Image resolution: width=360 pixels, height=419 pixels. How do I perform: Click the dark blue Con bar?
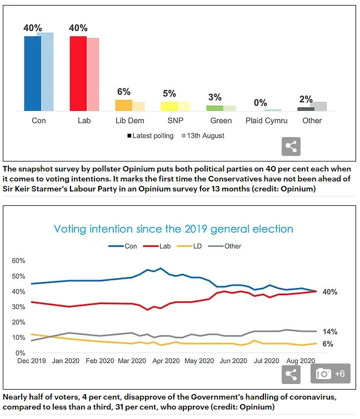[x=33, y=73]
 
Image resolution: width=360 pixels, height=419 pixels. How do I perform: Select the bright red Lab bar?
[x=78, y=73]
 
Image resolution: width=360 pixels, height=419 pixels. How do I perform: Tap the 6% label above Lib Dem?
[x=124, y=92]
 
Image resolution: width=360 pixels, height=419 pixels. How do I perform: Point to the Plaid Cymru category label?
[x=267, y=120]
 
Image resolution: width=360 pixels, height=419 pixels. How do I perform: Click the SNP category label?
[x=176, y=120]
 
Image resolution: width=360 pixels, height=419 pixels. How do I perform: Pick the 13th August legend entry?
[x=203, y=136]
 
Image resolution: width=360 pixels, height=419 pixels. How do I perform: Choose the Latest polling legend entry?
[x=151, y=136]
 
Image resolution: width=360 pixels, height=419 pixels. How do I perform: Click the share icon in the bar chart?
[x=291, y=147]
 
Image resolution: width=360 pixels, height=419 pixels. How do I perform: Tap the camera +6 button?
[x=331, y=373]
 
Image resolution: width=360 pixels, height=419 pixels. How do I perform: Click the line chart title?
[x=173, y=229]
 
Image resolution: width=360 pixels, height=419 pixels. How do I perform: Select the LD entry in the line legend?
[x=189, y=246]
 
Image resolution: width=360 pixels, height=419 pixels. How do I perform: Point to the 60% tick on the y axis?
[x=18, y=260]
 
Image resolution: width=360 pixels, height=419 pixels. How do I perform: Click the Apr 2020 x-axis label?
[x=166, y=361]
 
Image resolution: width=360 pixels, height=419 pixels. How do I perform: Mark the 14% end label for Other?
[x=330, y=332]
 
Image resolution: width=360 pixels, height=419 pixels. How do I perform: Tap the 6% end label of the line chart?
[x=328, y=344]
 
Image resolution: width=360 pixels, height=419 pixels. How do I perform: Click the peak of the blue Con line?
[x=161, y=268]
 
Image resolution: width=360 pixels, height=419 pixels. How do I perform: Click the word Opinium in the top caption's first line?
[x=138, y=169]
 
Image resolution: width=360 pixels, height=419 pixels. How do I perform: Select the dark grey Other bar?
[x=306, y=109]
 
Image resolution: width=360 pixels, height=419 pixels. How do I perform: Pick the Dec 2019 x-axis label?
[x=32, y=361]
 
